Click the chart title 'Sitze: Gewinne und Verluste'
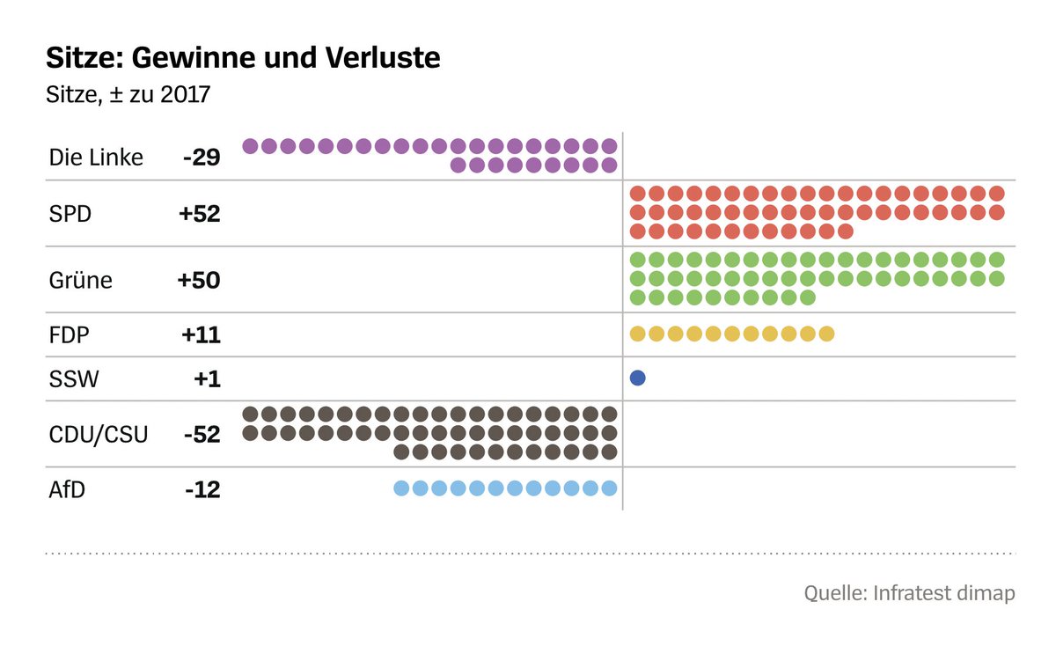coord(243,59)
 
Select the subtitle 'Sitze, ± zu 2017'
coord(128,94)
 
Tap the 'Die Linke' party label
coord(96,158)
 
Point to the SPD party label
coord(70,214)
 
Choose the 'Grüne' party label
coord(81,281)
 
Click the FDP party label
coord(70,335)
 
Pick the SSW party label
coord(74,379)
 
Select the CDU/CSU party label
coord(99,435)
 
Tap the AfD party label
coord(68,489)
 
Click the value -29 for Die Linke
coord(202,158)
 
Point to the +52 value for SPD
coord(199,214)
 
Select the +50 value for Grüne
coord(199,281)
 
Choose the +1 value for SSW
coord(208,379)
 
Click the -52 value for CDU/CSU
coord(202,435)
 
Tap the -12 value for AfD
coord(202,489)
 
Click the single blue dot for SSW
coord(638,378)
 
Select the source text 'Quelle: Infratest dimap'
coord(909,593)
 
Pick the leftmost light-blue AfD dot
coord(401,488)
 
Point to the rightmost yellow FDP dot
coord(826,334)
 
